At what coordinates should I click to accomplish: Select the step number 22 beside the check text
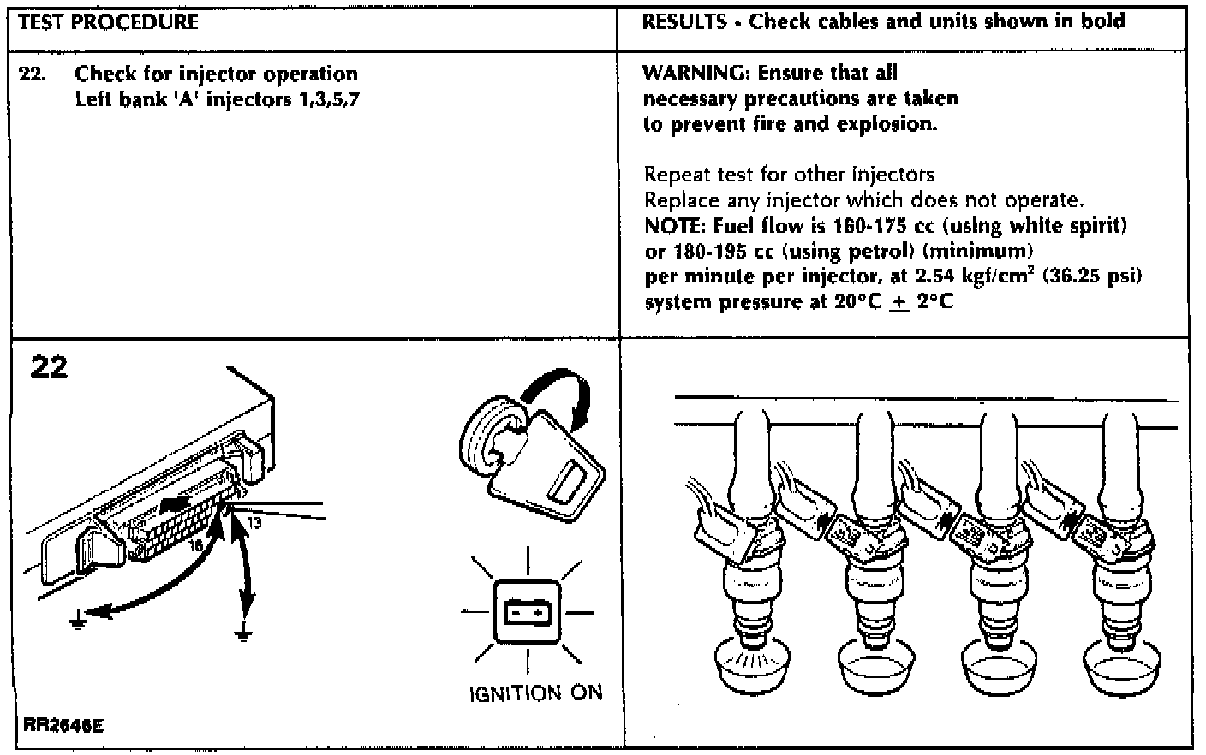pos(32,74)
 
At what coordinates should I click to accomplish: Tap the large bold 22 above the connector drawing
pos(49,367)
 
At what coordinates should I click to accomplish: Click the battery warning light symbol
pos(527,612)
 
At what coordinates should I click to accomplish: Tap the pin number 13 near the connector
pos(255,521)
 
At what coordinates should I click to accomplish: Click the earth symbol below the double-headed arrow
pos(244,633)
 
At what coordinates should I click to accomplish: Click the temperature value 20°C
pos(857,302)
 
